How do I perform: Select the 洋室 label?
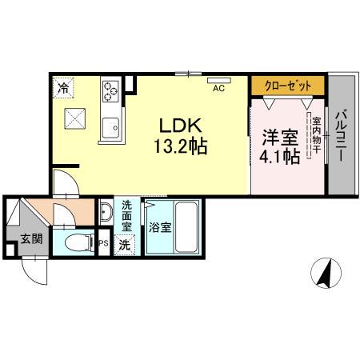click(278, 136)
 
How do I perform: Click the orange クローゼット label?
click(287, 84)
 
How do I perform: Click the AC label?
click(217, 89)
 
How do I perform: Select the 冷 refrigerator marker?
click(63, 85)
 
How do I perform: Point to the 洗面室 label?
click(126, 215)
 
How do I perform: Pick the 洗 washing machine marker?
click(125, 244)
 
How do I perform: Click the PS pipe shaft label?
click(102, 243)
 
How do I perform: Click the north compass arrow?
click(326, 274)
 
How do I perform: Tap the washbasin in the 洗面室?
click(106, 214)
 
